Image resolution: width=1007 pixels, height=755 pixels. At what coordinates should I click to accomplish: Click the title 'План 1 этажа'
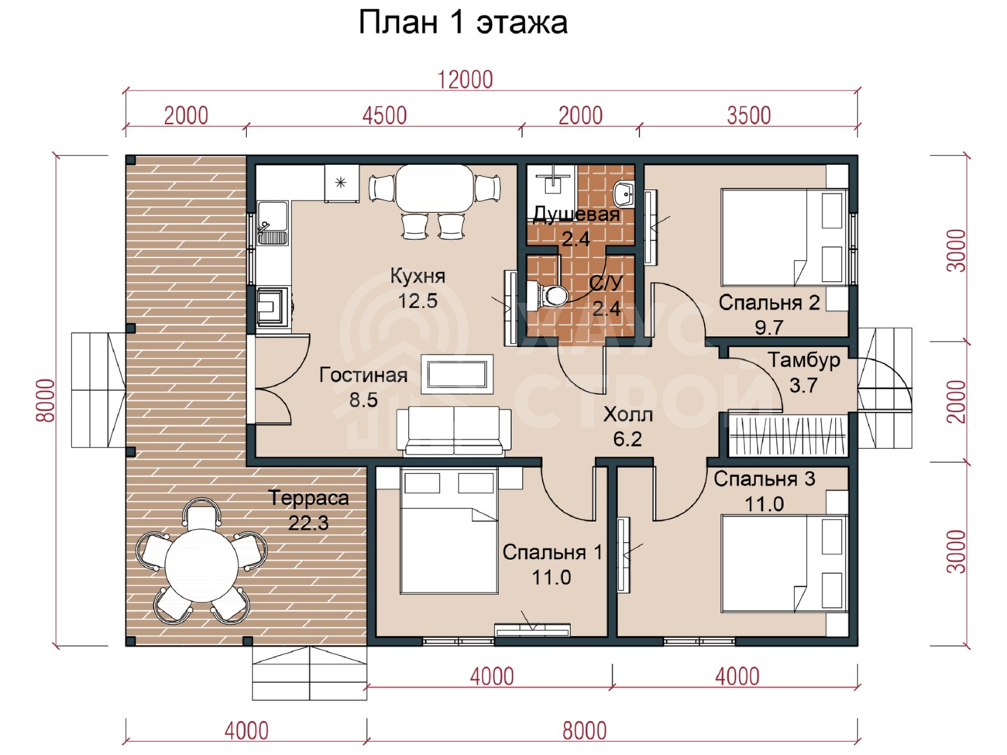463,22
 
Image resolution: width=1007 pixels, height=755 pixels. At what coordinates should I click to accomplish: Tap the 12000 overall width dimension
466,80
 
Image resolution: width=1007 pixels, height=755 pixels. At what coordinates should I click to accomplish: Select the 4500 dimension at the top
384,115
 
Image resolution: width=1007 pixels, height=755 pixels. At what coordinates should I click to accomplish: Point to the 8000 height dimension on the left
46,400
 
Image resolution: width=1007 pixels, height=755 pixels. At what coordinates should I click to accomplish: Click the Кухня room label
418,276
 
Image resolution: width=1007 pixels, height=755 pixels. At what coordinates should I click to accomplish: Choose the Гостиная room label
363,375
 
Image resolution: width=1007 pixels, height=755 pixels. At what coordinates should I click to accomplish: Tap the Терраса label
308,498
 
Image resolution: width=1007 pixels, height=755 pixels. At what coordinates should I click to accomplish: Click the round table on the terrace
201,565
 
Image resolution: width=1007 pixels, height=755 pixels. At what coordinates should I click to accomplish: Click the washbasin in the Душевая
624,194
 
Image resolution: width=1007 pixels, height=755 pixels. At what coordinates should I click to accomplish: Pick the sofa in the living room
454,431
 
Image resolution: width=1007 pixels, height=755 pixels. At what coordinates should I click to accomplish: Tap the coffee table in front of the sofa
457,374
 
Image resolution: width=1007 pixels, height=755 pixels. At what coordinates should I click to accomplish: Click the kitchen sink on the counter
273,224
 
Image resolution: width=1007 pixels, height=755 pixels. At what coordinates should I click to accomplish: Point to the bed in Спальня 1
449,531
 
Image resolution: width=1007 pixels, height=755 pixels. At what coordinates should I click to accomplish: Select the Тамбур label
804,360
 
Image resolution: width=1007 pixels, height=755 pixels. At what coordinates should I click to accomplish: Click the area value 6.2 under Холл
627,439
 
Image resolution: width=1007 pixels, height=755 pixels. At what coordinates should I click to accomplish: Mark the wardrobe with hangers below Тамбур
787,436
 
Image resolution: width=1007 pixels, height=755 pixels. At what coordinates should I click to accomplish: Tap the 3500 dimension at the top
749,115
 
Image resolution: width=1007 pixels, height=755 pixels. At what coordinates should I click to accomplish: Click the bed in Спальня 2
785,238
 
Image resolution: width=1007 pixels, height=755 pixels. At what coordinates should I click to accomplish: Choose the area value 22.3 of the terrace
308,523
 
